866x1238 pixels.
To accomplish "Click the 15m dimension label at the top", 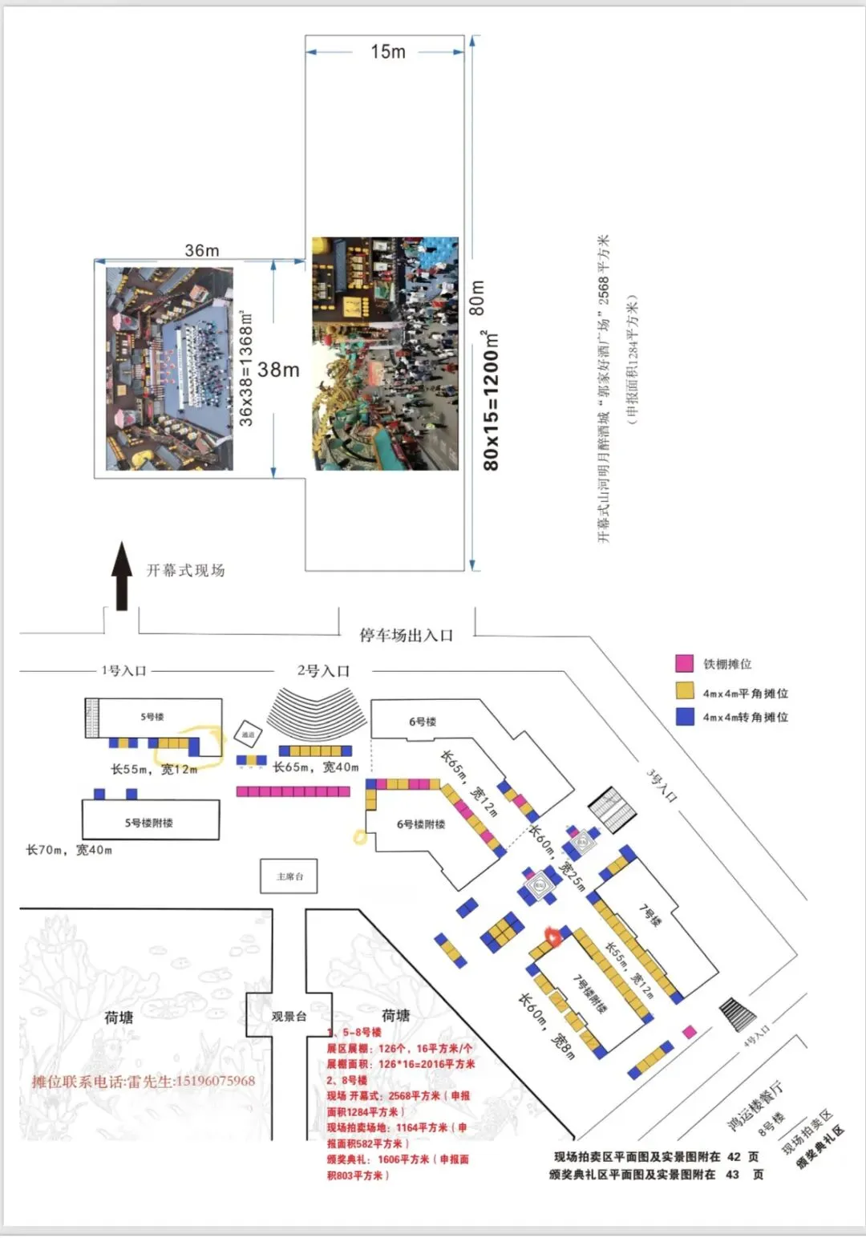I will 388,52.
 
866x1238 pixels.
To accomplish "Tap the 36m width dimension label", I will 202,250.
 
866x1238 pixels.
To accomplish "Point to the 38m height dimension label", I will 278,370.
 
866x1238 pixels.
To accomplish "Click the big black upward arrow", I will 122,576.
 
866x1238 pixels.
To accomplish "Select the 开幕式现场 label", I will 185,570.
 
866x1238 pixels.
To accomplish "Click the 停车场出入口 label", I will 406,636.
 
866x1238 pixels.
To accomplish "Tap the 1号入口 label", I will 123,670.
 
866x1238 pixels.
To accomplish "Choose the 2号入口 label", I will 323,671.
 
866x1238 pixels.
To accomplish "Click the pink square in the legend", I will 684,664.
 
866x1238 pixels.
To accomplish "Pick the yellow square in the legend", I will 684,691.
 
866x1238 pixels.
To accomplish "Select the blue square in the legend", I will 684,716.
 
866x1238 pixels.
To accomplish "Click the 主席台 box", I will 289,876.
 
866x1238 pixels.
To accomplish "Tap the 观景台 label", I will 289,1016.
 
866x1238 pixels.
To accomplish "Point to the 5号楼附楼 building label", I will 149,823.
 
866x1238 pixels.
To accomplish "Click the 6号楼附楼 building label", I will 420,824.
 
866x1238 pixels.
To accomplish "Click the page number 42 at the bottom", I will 734,1156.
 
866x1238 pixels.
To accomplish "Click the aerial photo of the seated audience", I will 170,369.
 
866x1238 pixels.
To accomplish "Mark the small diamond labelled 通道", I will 248,734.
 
